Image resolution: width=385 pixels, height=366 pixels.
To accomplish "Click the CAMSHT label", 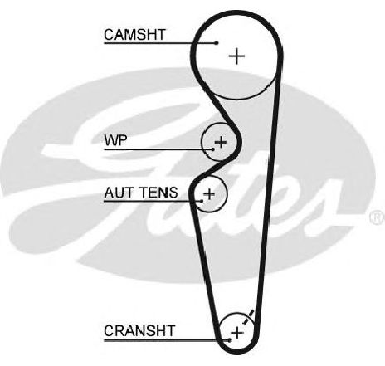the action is click(x=134, y=35).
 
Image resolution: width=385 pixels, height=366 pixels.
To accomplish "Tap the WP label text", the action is click(x=115, y=140).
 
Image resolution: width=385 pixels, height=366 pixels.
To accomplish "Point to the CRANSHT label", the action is click(x=139, y=330).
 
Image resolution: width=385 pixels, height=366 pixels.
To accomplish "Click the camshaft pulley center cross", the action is click(x=236, y=56).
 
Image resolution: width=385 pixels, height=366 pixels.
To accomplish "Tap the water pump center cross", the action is click(x=221, y=142).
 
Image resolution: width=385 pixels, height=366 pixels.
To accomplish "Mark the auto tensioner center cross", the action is click(x=209, y=193).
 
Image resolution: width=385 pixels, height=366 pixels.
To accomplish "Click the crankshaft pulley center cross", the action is click(x=237, y=332).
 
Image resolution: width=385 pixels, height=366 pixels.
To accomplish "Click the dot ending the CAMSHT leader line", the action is click(x=217, y=43).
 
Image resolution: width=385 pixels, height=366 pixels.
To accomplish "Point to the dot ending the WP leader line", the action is click(x=212, y=149).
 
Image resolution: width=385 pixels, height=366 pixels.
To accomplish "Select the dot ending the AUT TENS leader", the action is click(x=202, y=201).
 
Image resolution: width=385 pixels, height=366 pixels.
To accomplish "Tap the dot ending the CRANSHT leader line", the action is click(x=230, y=340).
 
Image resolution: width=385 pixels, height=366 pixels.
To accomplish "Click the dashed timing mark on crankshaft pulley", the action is click(x=248, y=317).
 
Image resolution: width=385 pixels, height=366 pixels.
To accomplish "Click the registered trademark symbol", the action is click(x=378, y=217).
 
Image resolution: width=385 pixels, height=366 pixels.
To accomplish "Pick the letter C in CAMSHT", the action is click(x=109, y=35).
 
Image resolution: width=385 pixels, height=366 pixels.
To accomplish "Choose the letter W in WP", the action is click(x=111, y=140).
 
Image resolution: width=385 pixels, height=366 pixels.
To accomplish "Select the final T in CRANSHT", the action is click(x=171, y=330).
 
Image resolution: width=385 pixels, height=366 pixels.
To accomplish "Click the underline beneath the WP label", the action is click(x=158, y=149).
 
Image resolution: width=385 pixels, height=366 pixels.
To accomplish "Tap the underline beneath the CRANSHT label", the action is click(x=167, y=340).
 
